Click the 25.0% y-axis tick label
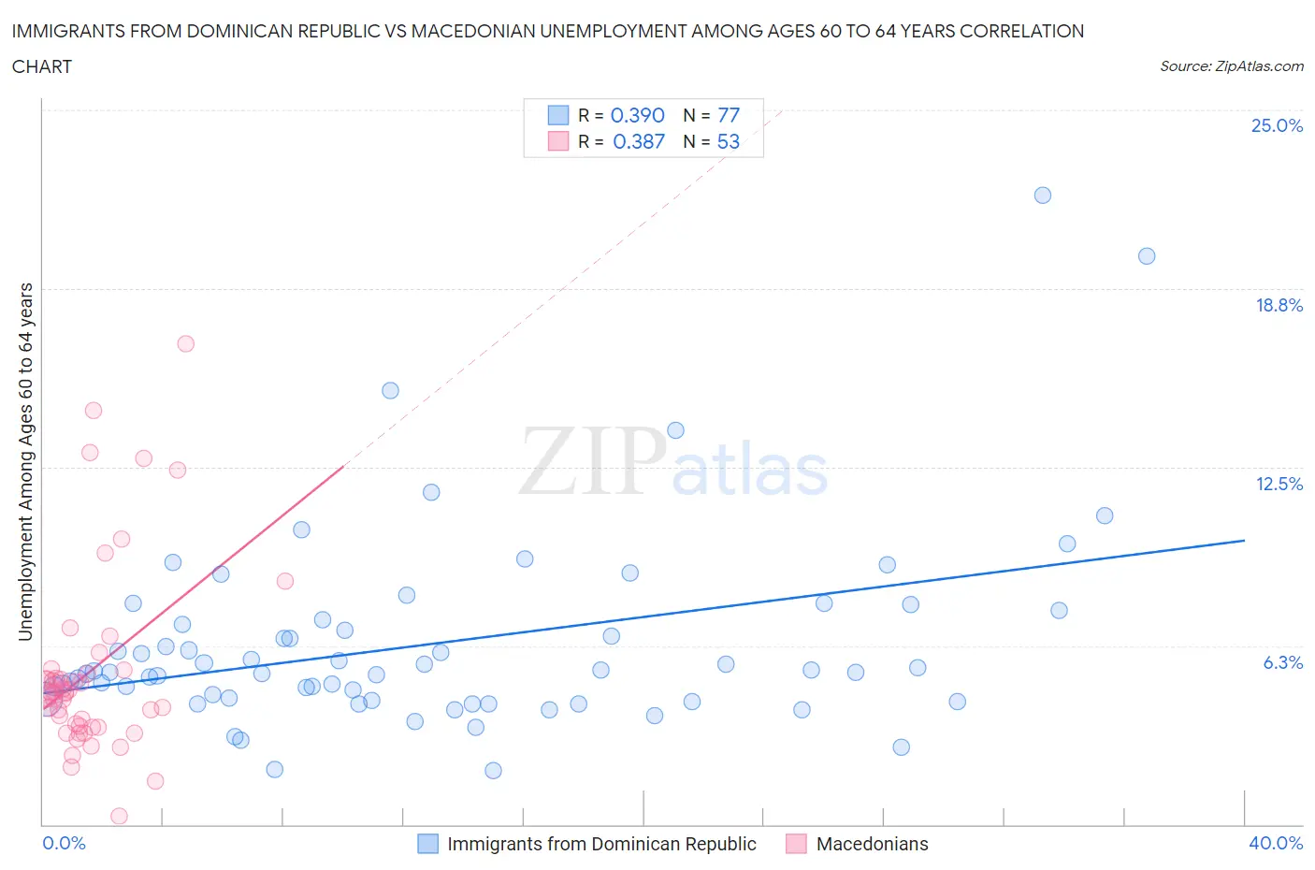pyautogui.click(x=1277, y=126)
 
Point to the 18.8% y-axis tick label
pyautogui.click(x=1279, y=305)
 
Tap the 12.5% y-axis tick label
pyautogui.click(x=1279, y=484)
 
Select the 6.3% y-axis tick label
pyautogui.click(x=1282, y=662)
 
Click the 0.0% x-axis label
pyautogui.click(x=64, y=843)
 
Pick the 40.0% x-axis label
pyautogui.click(x=1276, y=843)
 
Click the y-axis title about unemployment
pyautogui.click(x=26, y=461)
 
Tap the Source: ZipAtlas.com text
pyautogui.click(x=1231, y=66)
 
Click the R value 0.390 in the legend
pyautogui.click(x=637, y=115)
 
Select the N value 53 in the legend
pyautogui.click(x=728, y=141)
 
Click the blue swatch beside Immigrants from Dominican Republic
pyautogui.click(x=427, y=844)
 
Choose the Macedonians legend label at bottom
pyautogui.click(x=872, y=844)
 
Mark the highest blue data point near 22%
pyautogui.click(x=1042, y=196)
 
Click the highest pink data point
pyautogui.click(x=185, y=343)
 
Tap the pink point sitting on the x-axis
pyautogui.click(x=119, y=816)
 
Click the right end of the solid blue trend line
pyautogui.click(x=1244, y=540)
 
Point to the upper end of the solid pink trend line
pyautogui.click(x=343, y=466)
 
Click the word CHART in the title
pyautogui.click(x=42, y=66)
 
